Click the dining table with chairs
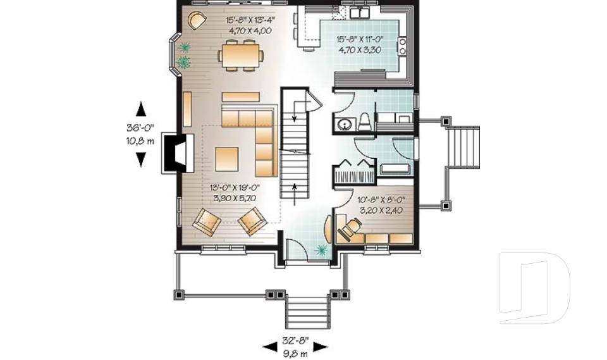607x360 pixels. pos(240,55)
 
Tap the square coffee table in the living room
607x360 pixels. pos(226,159)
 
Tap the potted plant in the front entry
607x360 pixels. pos(321,251)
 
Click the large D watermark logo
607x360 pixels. pos(534,288)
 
